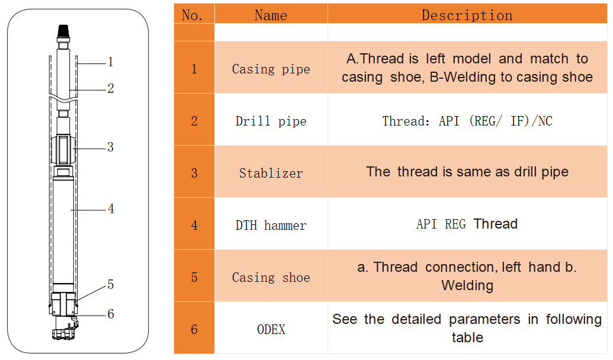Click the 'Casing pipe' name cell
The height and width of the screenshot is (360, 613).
(271, 69)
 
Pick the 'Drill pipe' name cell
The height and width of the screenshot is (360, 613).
(271, 121)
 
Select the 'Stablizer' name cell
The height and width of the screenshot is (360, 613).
(271, 173)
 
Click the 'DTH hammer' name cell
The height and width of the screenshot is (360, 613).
(271, 225)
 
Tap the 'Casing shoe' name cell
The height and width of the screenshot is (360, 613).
(271, 277)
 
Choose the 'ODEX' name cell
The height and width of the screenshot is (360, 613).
(271, 329)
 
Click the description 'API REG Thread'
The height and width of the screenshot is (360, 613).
(467, 224)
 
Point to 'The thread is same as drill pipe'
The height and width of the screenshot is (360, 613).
(467, 172)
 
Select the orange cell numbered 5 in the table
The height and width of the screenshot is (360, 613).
(194, 277)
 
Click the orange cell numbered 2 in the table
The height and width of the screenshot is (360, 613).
(194, 121)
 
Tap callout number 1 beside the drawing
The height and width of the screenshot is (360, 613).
(111, 62)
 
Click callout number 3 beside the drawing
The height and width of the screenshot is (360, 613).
(111, 147)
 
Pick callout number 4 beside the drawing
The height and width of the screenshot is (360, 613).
(111, 209)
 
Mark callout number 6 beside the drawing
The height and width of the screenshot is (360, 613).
(111, 313)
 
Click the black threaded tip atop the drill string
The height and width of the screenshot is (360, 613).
(63, 31)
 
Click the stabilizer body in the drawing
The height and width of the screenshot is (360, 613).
(63, 150)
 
